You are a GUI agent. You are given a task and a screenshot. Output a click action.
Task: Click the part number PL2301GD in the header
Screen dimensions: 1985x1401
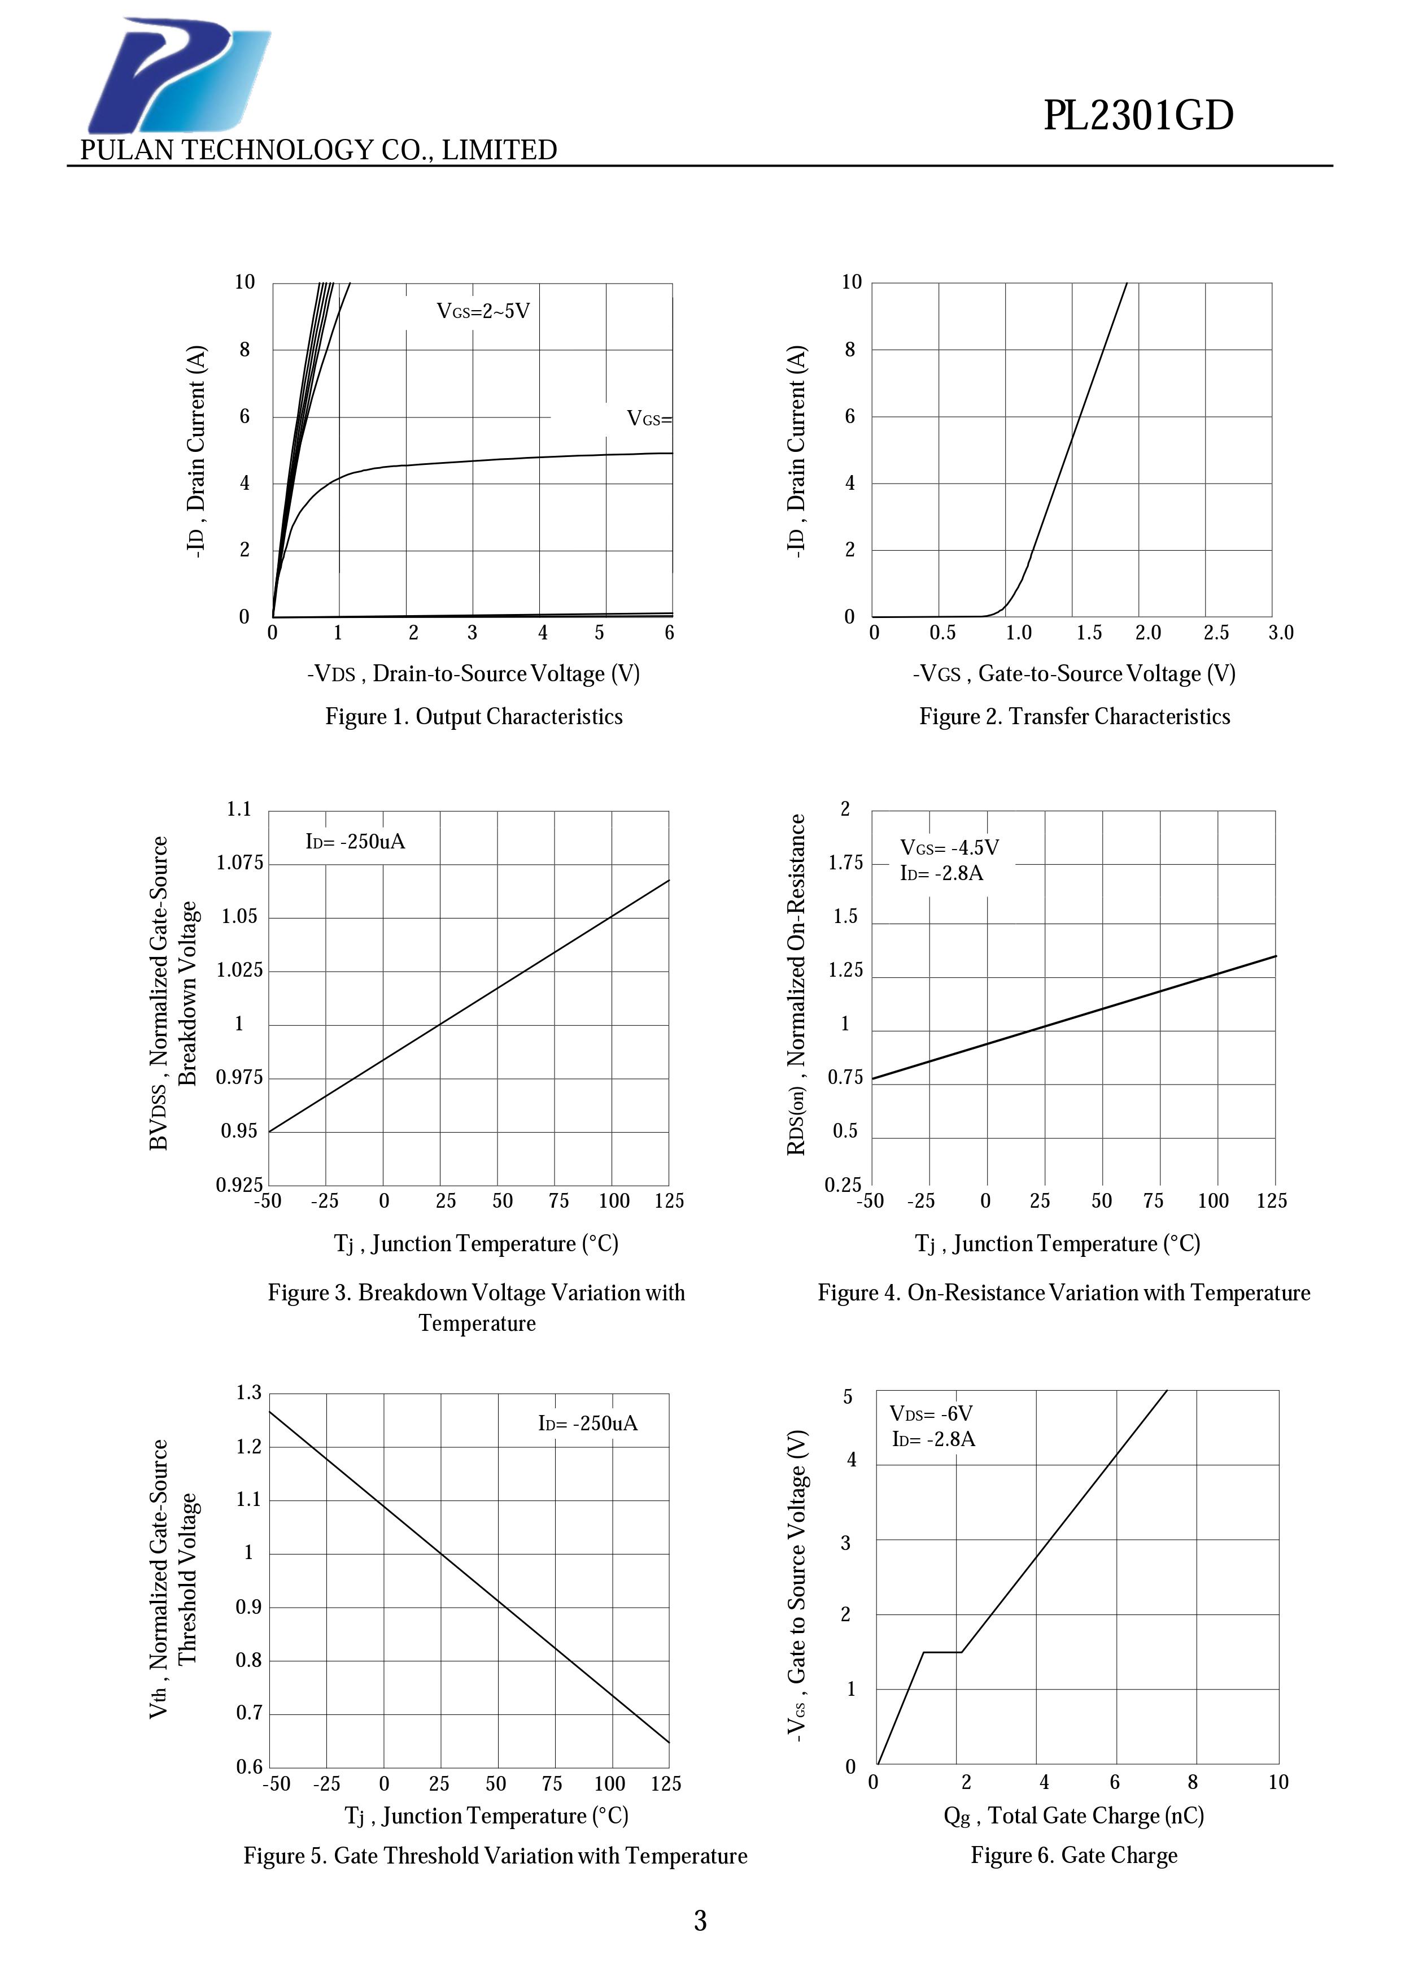[1138, 116]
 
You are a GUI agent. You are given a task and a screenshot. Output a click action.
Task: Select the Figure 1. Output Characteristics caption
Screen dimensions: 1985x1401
[474, 717]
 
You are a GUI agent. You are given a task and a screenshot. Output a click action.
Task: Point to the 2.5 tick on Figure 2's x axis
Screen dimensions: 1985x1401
[1216, 633]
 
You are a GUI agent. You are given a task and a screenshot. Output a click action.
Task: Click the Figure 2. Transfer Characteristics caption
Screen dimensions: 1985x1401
[1074, 717]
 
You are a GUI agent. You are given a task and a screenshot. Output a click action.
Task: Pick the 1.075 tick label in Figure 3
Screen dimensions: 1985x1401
[239, 863]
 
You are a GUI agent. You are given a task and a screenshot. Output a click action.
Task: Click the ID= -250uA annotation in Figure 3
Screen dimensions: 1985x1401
[355, 841]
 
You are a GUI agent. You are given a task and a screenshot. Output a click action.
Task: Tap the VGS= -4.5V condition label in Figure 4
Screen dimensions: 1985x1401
[949, 847]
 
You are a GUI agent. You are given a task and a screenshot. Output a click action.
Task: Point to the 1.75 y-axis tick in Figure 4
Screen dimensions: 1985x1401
[845, 863]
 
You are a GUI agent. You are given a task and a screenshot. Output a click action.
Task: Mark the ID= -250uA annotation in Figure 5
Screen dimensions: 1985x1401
[588, 1423]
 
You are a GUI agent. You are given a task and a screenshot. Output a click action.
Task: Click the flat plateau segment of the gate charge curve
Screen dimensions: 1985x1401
[942, 1652]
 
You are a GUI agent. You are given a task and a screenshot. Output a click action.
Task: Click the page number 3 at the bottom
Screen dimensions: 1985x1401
[700, 1921]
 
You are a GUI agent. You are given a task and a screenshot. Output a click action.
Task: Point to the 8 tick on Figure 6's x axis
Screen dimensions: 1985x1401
[1193, 1782]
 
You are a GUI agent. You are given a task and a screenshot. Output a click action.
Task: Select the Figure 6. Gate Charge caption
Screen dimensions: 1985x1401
[1073, 1855]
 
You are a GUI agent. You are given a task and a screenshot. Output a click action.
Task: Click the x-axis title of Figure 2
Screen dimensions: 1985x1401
[1073, 673]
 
